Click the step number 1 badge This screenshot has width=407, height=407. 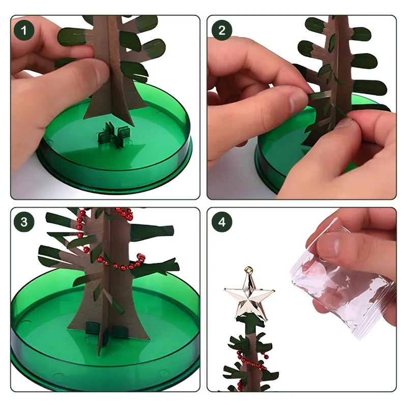(x=24, y=31)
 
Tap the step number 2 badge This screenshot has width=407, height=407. (x=222, y=31)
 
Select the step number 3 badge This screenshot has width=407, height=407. (x=24, y=222)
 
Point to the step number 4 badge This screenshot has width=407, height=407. (x=222, y=222)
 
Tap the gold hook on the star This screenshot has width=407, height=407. (x=249, y=270)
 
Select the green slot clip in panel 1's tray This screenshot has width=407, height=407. (x=113, y=135)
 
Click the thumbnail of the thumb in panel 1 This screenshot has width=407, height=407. (x=99, y=73)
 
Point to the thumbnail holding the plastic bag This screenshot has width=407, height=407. (x=328, y=246)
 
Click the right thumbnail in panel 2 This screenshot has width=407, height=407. (x=343, y=122)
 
